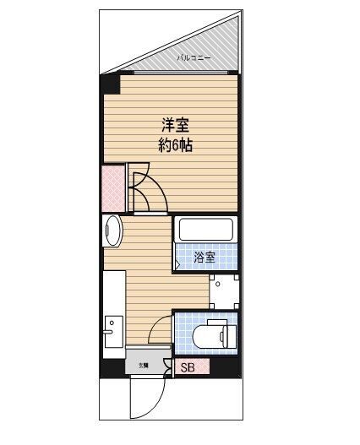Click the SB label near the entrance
tap(188, 367)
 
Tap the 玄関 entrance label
tap(145, 366)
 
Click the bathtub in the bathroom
tap(205, 230)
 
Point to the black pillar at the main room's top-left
tap(110, 84)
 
